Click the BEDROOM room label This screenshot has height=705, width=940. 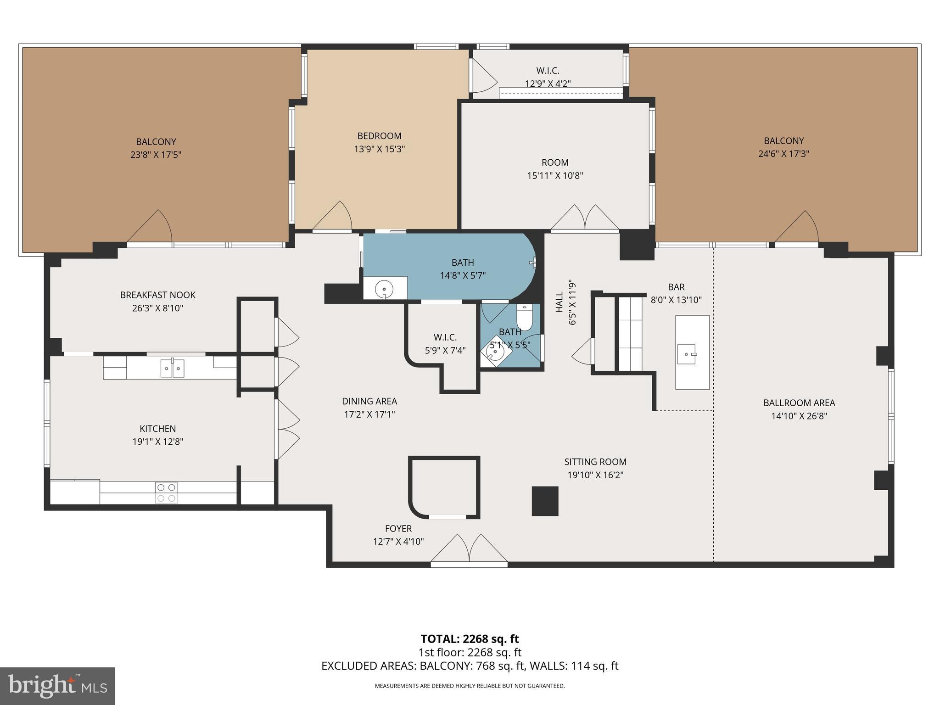coord(379,136)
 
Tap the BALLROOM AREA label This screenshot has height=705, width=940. coord(799,403)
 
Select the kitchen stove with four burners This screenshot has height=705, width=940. coord(166,492)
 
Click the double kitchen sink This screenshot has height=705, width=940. coord(172,368)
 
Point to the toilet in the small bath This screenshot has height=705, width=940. coord(524,319)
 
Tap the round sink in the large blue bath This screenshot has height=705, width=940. coord(384,289)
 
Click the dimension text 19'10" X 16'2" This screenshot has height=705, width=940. coord(595,475)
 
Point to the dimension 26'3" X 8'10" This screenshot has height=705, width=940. coord(157,308)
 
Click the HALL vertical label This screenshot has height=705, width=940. coord(560,302)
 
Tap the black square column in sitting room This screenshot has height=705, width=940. coord(545,501)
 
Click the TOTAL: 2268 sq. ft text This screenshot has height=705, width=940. coord(470,639)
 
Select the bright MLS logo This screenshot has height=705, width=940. coord(57,686)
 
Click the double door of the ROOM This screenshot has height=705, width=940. coord(585,218)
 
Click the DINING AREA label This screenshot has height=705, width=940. coord(369,401)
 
